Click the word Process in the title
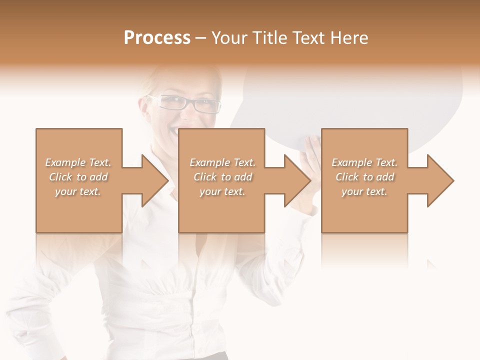pos(157,38)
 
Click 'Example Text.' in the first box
pos(78,162)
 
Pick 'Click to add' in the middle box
pos(222,177)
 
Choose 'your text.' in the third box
pos(364,191)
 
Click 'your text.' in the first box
pos(78,191)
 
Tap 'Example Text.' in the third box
pos(364,162)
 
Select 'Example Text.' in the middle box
pos(222,162)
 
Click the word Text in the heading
pos(307,38)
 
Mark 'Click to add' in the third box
pos(364,177)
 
